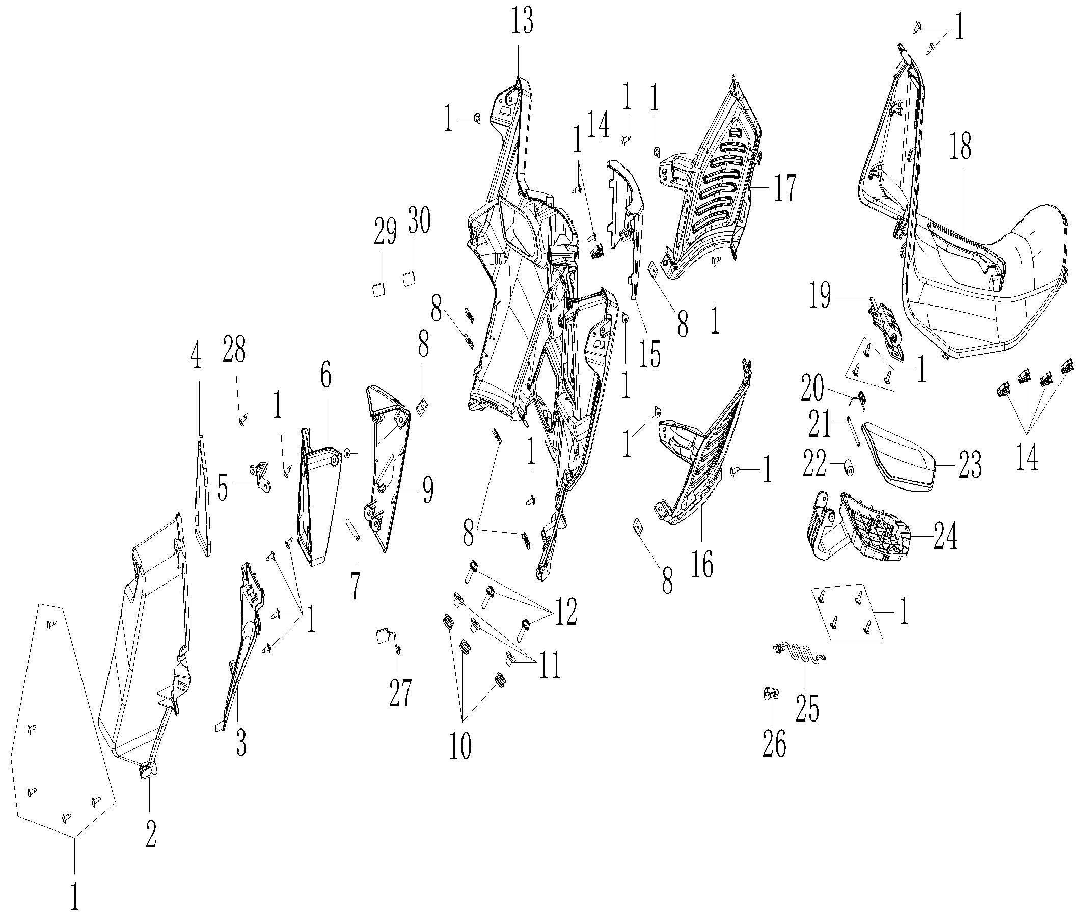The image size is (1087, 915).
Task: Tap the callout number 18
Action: coord(960,147)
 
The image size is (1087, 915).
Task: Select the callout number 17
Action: coord(784,188)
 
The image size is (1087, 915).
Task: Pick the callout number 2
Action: coord(150,834)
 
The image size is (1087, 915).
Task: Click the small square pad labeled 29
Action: coord(379,288)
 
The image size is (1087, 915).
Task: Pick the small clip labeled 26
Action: coord(771,694)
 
